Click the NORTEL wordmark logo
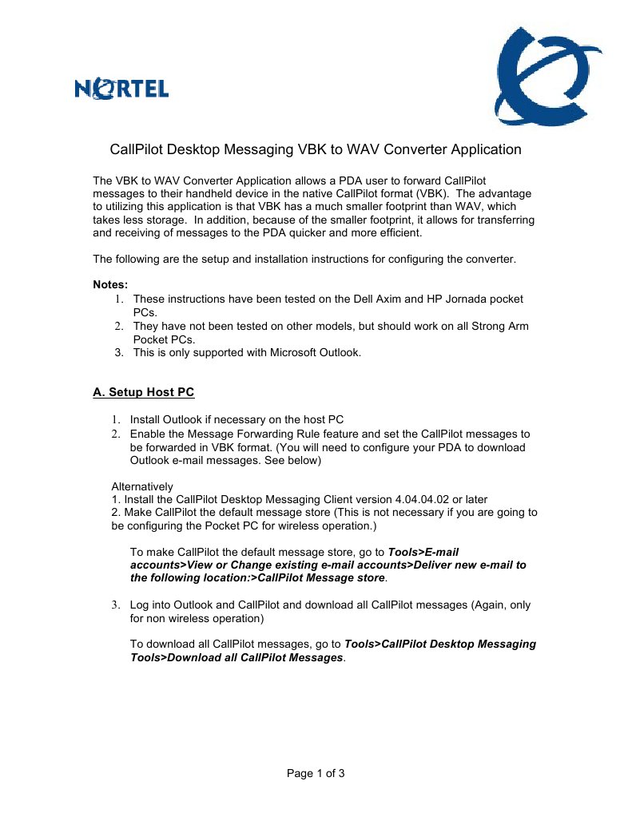(121, 89)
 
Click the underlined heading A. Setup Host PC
(144, 392)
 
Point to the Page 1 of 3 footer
(316, 773)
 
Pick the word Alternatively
(142, 486)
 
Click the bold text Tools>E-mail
(423, 552)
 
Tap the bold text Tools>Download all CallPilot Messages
(237, 657)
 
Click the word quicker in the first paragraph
(331, 233)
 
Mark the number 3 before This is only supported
(118, 352)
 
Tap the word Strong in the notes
(479, 326)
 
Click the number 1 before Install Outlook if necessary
(114, 420)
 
